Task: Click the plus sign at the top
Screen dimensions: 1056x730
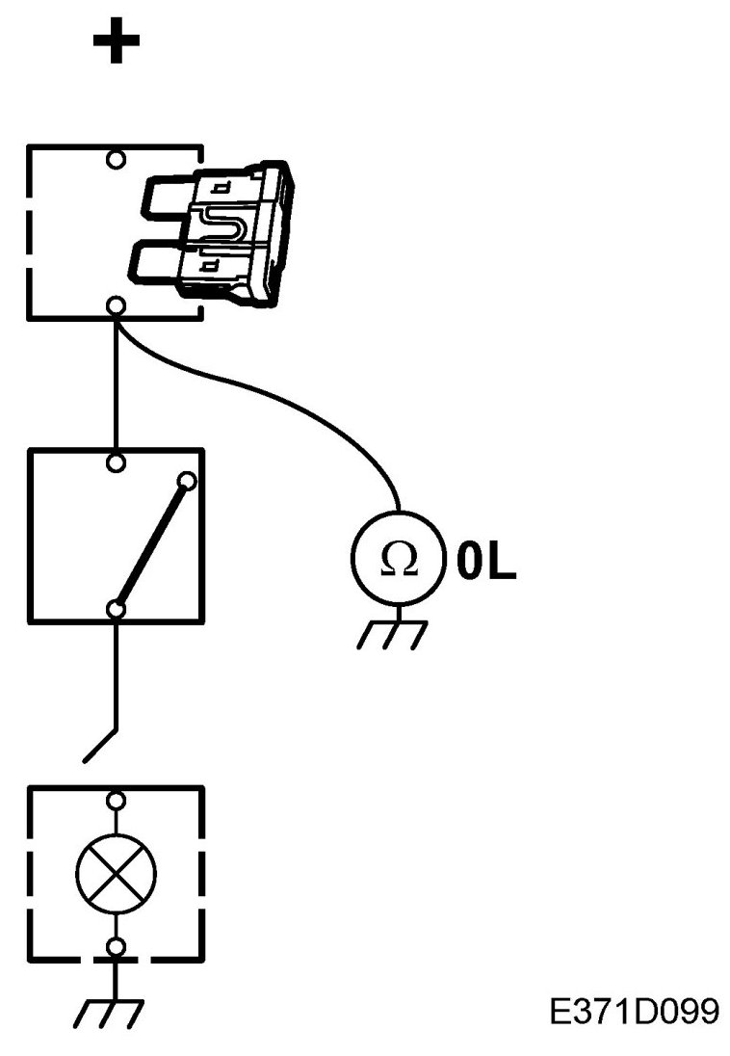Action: pos(117,43)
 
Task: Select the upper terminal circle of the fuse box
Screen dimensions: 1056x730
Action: pos(117,159)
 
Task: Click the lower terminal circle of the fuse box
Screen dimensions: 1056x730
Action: pos(117,306)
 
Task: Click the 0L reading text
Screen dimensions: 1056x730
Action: pos(486,563)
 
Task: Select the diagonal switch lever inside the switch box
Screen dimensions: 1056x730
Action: pos(151,544)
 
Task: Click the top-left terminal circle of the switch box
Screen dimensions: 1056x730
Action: pos(117,463)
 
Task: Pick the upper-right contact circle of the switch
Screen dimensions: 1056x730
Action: pos(188,479)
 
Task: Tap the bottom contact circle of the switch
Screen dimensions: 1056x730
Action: pos(117,608)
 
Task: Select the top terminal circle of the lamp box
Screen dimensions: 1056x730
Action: pos(117,800)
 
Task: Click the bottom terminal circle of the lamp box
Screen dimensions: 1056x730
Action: pos(117,948)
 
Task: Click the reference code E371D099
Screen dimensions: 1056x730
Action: pos(634,1012)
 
